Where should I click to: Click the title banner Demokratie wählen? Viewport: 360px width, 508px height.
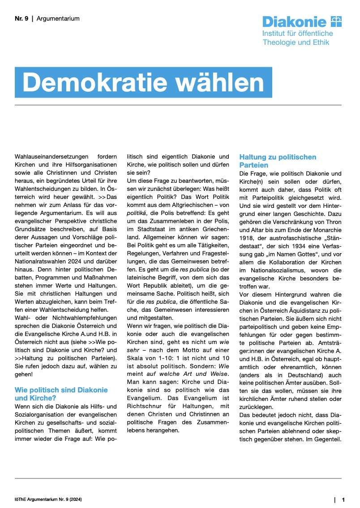(x=143, y=82)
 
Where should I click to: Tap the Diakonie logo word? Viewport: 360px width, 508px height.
(x=294, y=22)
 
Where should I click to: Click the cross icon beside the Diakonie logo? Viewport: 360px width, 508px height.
(x=336, y=21)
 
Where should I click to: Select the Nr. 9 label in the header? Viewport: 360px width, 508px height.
(x=21, y=19)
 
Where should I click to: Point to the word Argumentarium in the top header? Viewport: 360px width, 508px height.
(x=58, y=19)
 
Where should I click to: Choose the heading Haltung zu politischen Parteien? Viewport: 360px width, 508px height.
(x=278, y=161)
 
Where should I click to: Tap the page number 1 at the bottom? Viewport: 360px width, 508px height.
(x=343, y=499)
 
